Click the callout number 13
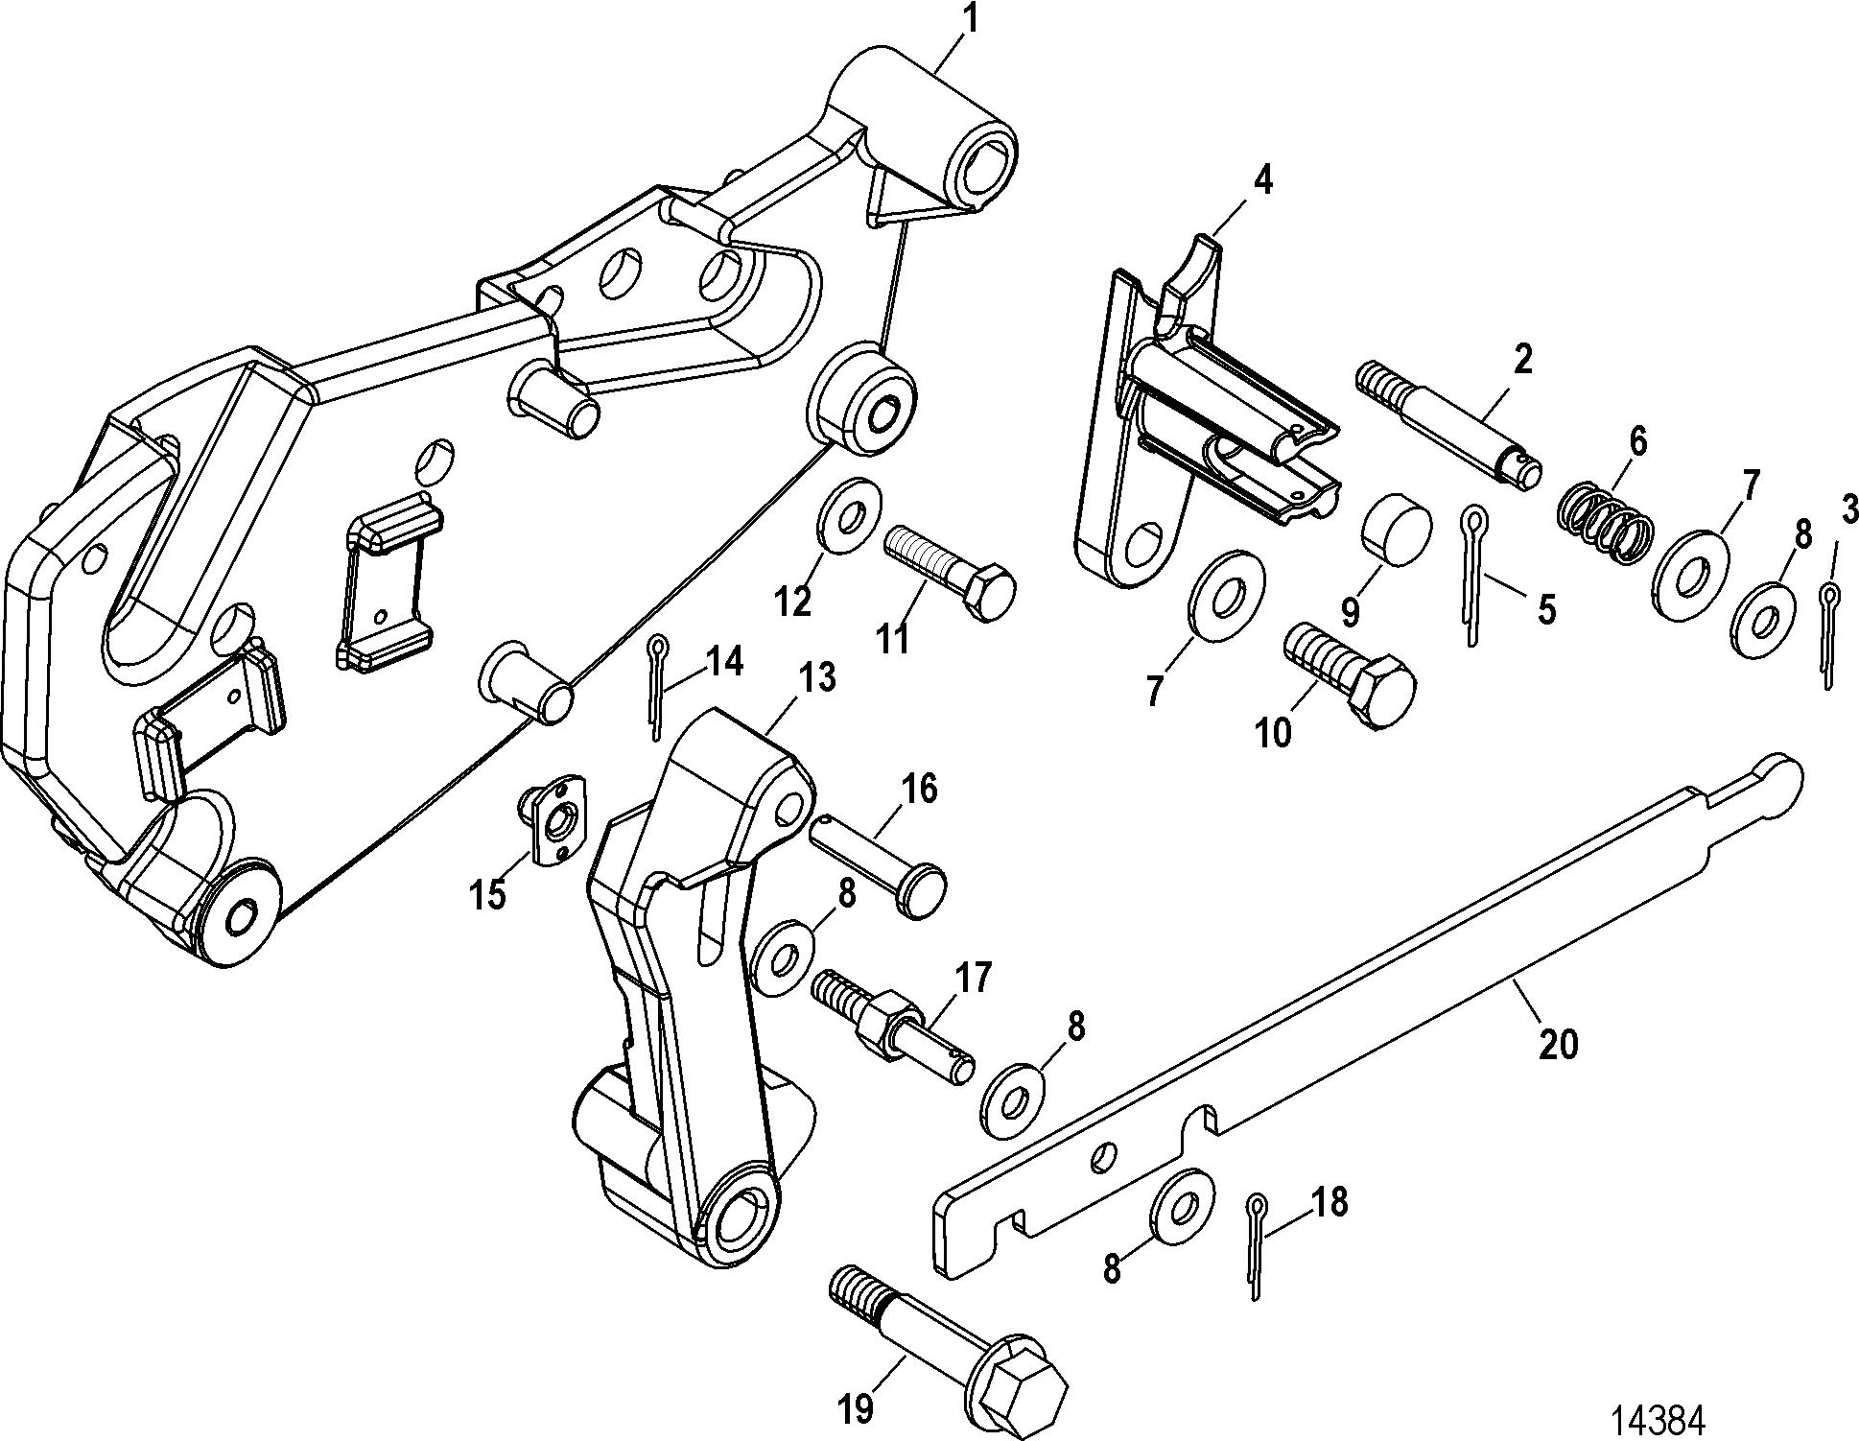[x=816, y=678]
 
